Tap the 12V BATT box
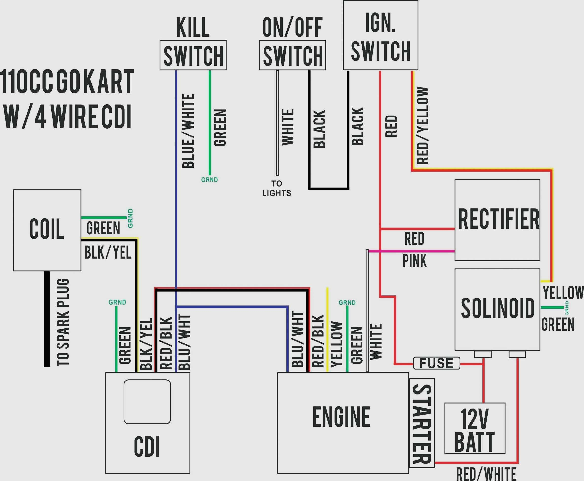(x=475, y=428)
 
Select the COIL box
(x=47, y=230)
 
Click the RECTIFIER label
(x=498, y=219)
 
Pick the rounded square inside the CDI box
(x=147, y=401)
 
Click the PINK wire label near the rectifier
(x=414, y=261)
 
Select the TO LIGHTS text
(x=277, y=188)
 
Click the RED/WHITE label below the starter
(x=486, y=474)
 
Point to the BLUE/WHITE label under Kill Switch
(x=188, y=131)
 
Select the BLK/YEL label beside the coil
(x=107, y=252)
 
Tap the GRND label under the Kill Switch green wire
(x=209, y=180)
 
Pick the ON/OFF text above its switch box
(x=292, y=27)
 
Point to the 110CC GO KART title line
(x=67, y=82)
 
